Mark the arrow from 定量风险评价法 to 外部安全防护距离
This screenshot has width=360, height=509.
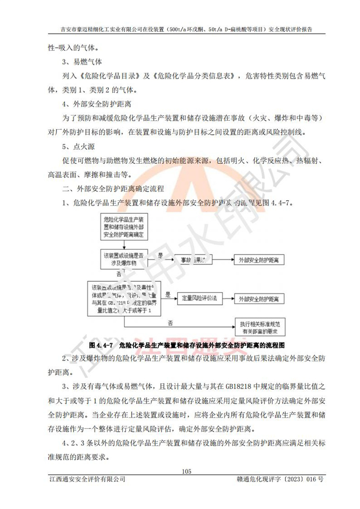point(224,298)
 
